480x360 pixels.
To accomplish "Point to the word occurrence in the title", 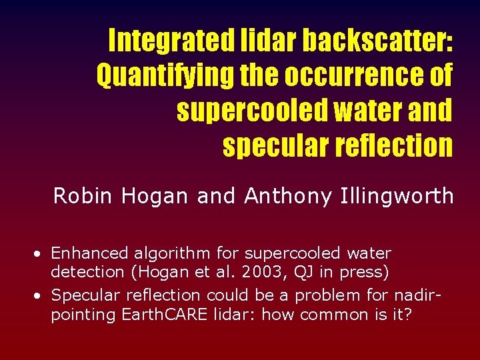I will tap(355, 75).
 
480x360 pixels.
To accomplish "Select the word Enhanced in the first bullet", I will tap(89, 253).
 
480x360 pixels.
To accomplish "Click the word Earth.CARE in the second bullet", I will tap(154, 314).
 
